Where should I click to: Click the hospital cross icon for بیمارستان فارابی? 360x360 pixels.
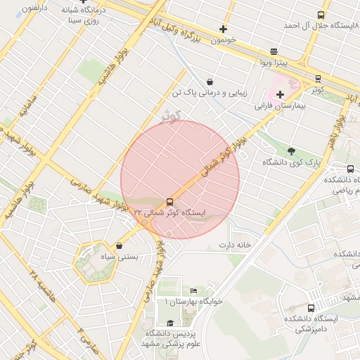click(x=280, y=94)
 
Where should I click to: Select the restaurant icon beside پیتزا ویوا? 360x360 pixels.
click(x=274, y=51)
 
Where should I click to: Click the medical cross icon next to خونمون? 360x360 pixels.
click(x=224, y=29)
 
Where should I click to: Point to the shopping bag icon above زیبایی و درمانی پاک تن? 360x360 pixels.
click(x=210, y=82)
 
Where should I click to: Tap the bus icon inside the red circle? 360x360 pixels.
click(x=169, y=201)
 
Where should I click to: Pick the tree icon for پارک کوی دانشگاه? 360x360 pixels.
click(x=291, y=150)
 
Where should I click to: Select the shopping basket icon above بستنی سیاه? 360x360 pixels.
click(x=118, y=246)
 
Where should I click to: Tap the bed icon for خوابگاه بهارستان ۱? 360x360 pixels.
click(x=194, y=290)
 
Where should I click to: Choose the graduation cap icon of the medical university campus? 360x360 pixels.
click(x=169, y=323)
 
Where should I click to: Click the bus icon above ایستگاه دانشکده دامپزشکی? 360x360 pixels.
click(x=311, y=308)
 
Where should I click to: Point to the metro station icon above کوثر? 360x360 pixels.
click(x=318, y=79)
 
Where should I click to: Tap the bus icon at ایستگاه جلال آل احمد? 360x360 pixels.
click(x=321, y=15)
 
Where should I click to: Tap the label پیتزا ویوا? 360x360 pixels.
click(x=271, y=63)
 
